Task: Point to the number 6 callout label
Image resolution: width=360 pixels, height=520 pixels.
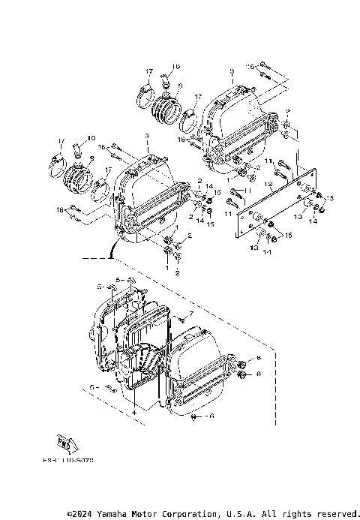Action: click(x=212, y=415)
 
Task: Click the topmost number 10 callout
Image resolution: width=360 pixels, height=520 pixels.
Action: click(x=174, y=68)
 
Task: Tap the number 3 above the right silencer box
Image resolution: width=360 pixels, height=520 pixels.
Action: click(x=232, y=70)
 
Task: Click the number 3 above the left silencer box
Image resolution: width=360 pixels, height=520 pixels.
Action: click(x=147, y=137)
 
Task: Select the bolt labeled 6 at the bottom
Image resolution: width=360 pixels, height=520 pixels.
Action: click(x=196, y=415)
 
